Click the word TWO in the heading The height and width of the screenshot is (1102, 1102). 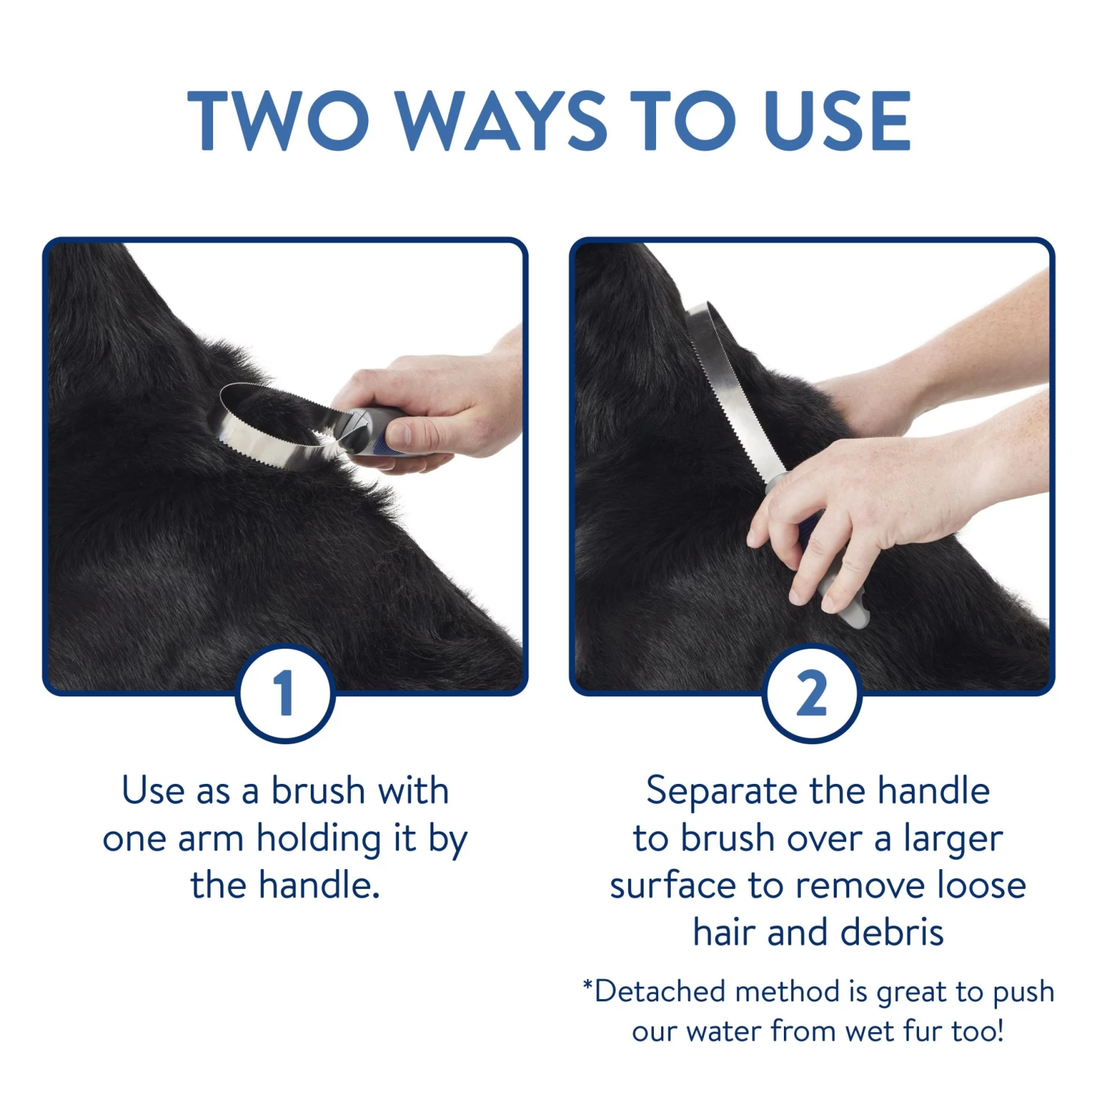[278, 120]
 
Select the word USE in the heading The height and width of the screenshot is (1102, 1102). [837, 120]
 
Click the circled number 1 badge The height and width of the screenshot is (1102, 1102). [285, 693]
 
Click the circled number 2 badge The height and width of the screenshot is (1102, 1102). [812, 693]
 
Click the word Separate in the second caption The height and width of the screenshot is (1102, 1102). [721, 791]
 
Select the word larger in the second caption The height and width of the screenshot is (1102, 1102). [953, 838]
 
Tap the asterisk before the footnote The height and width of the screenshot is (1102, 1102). [588, 984]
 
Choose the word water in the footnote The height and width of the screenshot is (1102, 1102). [724, 1031]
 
